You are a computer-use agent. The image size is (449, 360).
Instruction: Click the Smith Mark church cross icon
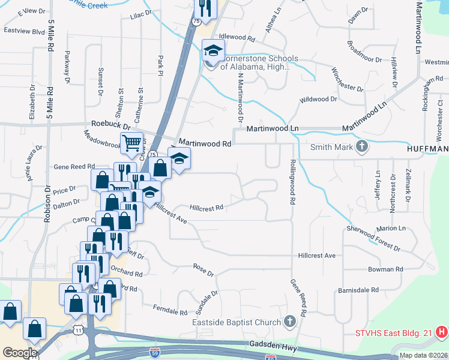pyautogui.click(x=362, y=147)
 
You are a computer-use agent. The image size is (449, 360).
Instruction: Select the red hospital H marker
pyautogui.click(x=442, y=331)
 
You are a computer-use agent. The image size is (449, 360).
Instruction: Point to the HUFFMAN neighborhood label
pyautogui.click(x=427, y=148)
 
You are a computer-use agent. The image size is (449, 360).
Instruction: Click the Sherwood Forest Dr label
pyautogui.click(x=373, y=238)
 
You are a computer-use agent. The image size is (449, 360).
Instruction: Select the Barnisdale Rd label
pyautogui.click(x=357, y=290)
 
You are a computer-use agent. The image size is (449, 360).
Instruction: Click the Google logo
pyautogui.click(x=20, y=352)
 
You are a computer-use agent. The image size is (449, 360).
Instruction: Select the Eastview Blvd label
pyautogui.click(x=25, y=31)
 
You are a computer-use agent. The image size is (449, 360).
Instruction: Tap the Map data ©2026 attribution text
pyautogui.click(x=423, y=355)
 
